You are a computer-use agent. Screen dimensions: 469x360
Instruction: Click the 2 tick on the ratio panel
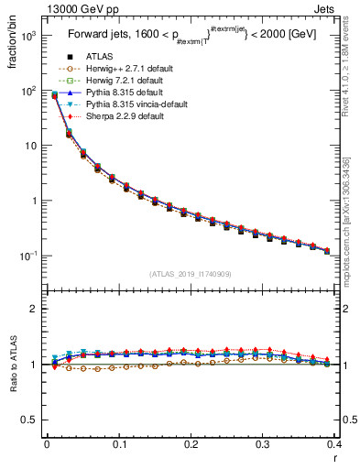(x=35, y=310)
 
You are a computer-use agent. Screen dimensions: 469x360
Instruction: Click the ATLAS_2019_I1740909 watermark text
(x=191, y=274)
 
